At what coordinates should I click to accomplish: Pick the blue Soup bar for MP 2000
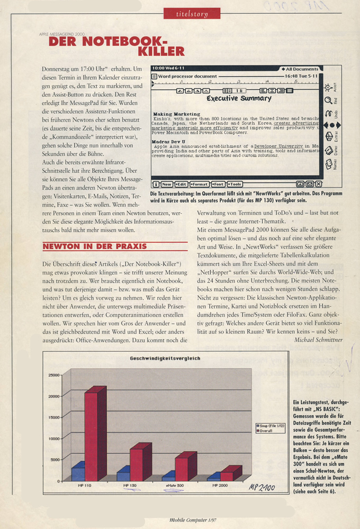212,477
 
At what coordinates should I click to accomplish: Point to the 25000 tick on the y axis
55,375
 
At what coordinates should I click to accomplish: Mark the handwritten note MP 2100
261,487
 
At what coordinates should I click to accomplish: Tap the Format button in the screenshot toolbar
199,184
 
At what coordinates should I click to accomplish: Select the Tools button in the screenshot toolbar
235,184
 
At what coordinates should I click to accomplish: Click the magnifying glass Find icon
329,100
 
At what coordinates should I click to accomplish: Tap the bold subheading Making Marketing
176,114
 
